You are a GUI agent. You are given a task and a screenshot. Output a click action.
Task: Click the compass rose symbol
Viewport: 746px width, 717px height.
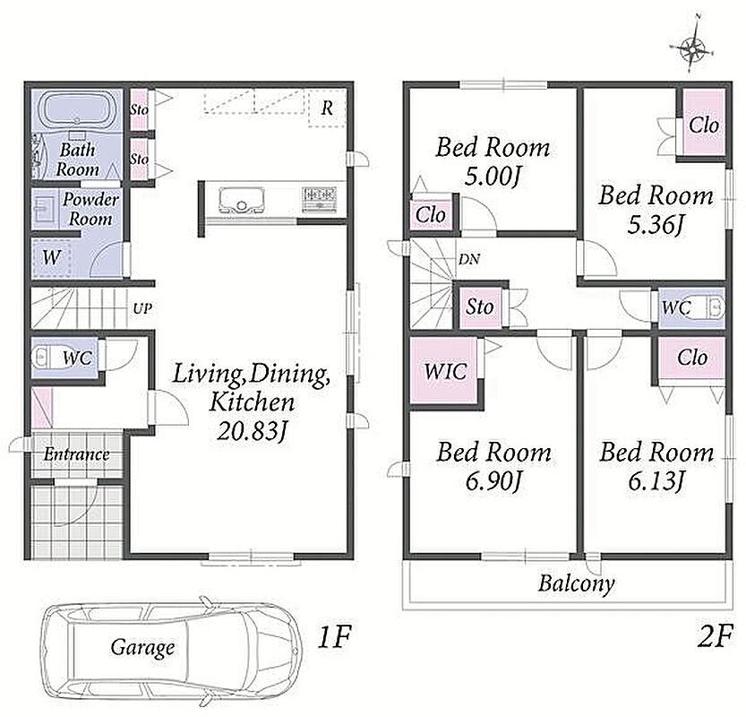693,48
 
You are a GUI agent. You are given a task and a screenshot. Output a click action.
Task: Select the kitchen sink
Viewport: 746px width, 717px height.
241,200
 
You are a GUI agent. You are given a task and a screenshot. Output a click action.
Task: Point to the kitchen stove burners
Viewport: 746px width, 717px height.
320,199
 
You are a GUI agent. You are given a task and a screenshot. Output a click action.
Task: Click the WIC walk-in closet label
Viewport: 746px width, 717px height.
445,371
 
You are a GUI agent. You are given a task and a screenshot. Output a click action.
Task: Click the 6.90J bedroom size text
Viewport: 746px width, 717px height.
493,481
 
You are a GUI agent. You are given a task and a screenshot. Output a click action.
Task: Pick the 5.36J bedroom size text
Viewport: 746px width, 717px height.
656,225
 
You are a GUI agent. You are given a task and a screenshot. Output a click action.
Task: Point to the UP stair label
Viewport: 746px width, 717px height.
142,309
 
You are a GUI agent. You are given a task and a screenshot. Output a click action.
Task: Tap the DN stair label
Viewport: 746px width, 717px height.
469,260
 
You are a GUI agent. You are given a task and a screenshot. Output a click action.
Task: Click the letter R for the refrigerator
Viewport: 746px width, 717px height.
327,108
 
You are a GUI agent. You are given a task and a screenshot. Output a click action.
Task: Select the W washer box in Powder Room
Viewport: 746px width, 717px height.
51,258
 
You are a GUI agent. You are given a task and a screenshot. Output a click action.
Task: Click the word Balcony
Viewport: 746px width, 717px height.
576,584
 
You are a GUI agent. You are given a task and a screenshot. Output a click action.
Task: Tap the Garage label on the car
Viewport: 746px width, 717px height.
142,647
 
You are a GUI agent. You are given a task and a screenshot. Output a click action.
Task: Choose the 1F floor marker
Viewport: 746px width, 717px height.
334,637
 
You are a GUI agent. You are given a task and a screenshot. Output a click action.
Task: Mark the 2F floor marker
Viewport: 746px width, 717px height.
715,636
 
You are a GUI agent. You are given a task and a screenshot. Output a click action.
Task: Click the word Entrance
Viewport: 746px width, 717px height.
77,454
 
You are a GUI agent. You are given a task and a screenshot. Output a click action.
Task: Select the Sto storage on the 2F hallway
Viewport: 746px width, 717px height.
480,307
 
